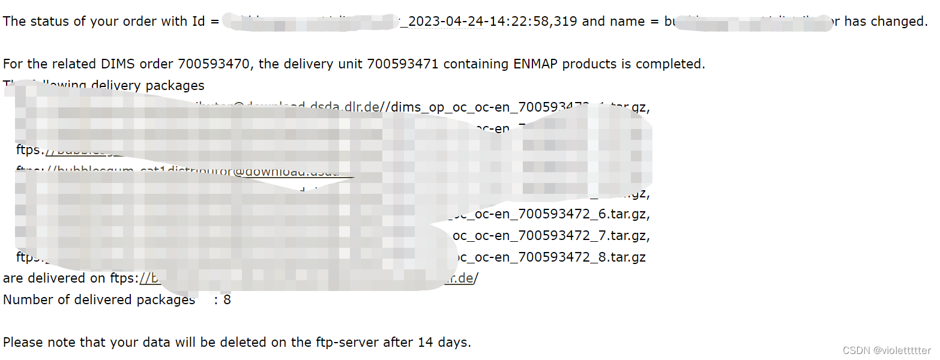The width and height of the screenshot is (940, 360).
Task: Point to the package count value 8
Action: (227, 299)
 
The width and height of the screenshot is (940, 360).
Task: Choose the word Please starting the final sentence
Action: (22, 342)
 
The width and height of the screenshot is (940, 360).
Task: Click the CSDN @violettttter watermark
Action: (887, 350)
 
